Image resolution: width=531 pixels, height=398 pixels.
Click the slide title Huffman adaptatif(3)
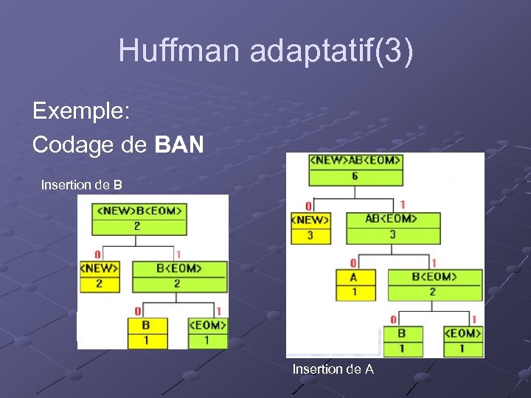tap(265, 51)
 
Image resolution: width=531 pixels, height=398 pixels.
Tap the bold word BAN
tap(180, 145)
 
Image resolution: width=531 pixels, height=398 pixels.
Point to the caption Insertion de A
tap(333, 369)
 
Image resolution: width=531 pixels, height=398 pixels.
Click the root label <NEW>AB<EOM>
tap(355, 161)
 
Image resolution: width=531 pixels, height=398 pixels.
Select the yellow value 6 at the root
tap(355, 177)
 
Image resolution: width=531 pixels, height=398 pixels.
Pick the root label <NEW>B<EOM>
tap(137, 211)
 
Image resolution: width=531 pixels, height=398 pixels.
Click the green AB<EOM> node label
tap(392, 219)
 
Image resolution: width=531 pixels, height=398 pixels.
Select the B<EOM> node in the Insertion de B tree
tap(179, 268)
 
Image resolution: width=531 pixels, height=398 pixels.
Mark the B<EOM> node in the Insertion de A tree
tap(434, 277)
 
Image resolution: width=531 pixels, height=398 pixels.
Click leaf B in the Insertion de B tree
tap(147, 325)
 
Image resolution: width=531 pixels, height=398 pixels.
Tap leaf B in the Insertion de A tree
tap(402, 333)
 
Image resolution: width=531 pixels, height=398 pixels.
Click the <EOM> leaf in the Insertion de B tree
tap(208, 325)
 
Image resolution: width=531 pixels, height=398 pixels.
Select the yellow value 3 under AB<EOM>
tap(392, 235)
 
